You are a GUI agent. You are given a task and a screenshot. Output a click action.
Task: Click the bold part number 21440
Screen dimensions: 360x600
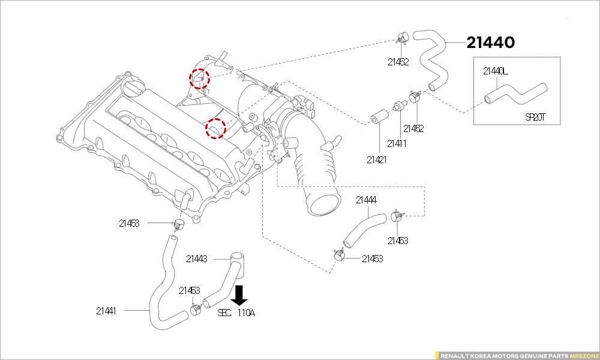click(x=491, y=43)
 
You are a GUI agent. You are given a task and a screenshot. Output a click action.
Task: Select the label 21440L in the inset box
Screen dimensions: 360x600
click(x=496, y=71)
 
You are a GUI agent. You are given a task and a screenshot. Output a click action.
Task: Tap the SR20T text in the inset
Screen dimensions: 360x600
click(x=535, y=117)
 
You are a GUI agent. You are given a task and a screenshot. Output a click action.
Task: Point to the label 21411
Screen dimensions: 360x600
click(x=397, y=143)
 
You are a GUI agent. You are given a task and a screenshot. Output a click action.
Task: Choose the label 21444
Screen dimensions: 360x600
click(x=366, y=200)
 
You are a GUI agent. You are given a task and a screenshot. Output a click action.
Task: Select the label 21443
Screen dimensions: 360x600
click(x=197, y=259)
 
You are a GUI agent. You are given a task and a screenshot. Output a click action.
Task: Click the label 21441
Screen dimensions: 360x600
click(x=106, y=311)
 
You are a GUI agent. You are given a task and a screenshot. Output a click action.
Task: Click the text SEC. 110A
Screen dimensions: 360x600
click(x=236, y=313)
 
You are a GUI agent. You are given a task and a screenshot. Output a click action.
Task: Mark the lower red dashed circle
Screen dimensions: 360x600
click(x=215, y=128)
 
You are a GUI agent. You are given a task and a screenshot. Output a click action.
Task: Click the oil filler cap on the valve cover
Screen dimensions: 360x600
click(x=134, y=89)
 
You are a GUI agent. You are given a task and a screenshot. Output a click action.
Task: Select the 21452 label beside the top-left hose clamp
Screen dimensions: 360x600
click(x=398, y=61)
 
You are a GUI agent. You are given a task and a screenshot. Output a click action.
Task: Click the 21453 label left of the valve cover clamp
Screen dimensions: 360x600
click(x=129, y=223)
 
